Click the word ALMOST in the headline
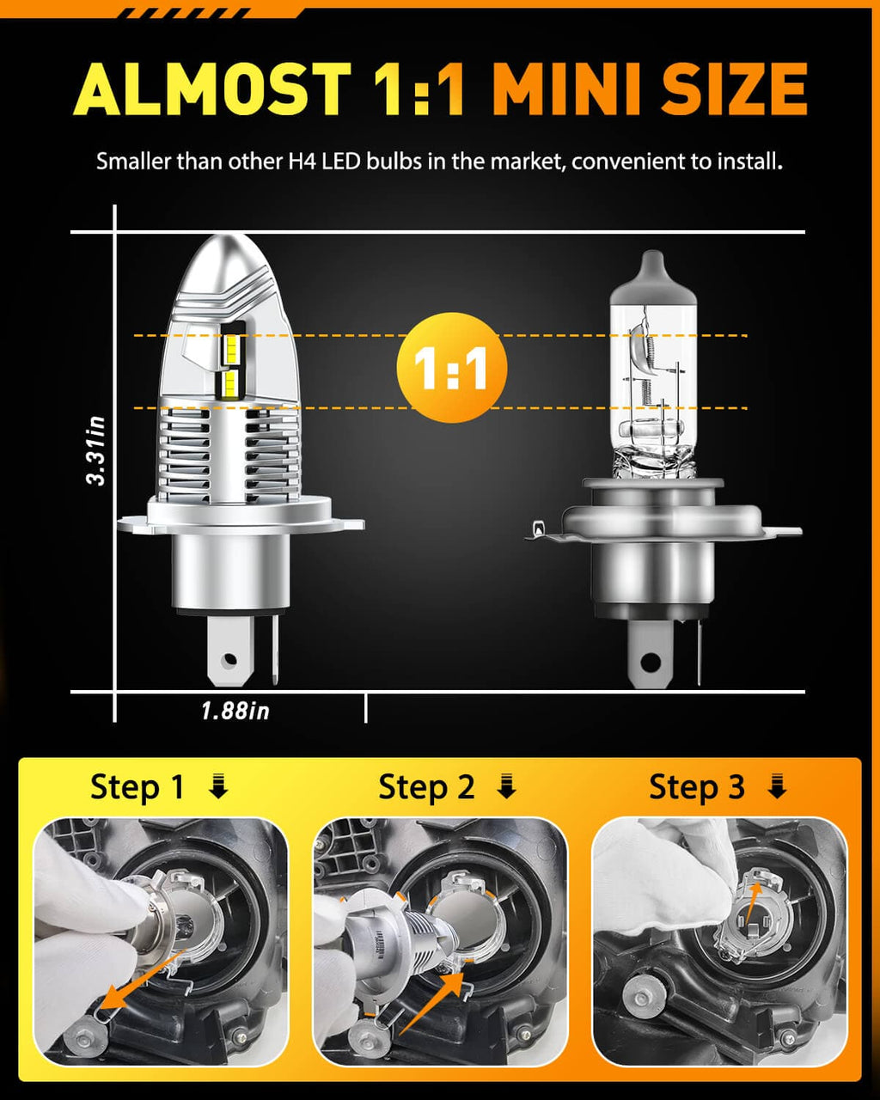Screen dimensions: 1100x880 [211, 89]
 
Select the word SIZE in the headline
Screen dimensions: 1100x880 [735, 89]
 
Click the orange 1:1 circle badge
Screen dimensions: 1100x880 [451, 368]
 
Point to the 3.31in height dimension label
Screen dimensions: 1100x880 [95, 450]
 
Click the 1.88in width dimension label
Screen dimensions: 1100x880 [235, 711]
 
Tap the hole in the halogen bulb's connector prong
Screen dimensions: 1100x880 [651, 663]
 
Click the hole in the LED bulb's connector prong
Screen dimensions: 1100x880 [228, 660]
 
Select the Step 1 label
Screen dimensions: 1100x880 [137, 787]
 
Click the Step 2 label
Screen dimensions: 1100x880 [426, 787]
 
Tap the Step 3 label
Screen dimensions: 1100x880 [696, 787]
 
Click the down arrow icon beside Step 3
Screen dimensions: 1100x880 [777, 786]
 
